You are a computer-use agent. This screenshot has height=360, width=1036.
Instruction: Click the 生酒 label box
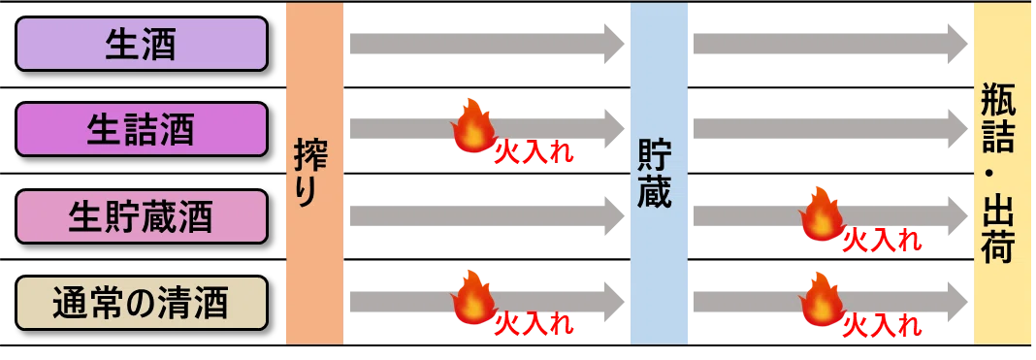point(141,44)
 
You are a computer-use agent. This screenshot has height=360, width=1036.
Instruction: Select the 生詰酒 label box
point(141,129)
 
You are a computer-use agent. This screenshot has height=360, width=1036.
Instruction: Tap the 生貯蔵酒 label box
point(141,216)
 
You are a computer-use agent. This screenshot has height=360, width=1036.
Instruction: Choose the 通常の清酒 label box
point(141,303)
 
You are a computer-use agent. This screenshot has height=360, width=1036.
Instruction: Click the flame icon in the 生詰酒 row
point(474,125)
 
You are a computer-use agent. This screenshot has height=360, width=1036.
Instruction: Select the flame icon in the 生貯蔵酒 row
point(822,213)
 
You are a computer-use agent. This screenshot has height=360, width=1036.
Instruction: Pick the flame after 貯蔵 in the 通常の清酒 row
point(822,299)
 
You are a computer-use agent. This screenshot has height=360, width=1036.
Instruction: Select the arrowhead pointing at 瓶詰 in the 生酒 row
point(958,44)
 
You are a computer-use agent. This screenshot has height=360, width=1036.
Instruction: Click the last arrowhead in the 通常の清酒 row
point(958,302)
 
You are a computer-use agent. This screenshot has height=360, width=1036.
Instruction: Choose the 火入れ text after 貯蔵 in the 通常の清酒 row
point(882,326)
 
